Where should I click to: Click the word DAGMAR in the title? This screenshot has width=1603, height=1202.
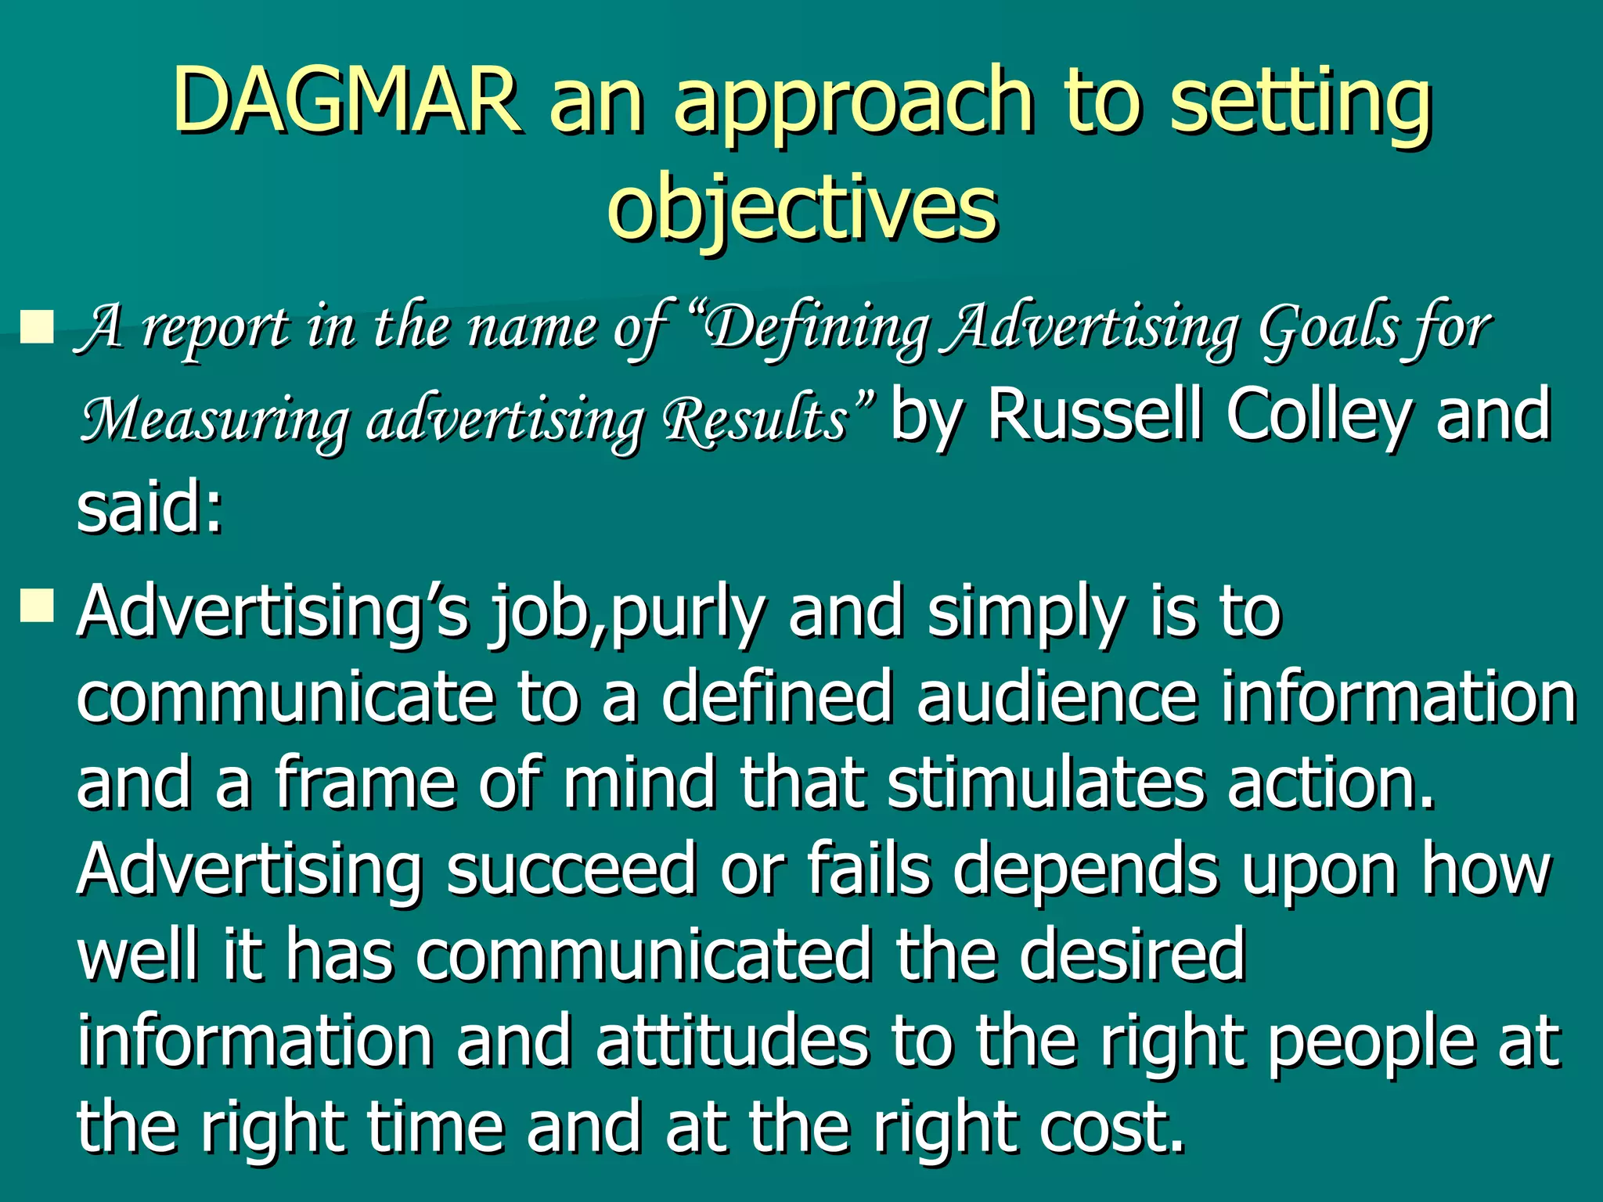point(345,99)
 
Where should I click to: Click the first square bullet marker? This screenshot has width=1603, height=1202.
point(36,326)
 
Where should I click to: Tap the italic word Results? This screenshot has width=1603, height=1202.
point(755,418)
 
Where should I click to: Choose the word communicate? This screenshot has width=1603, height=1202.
point(285,697)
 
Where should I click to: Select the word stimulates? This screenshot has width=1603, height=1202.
point(1045,783)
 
